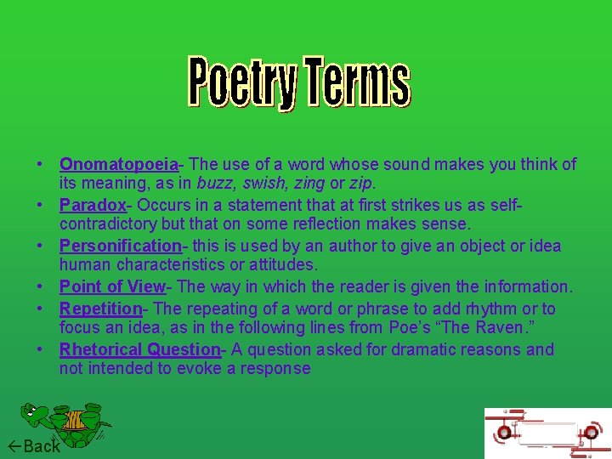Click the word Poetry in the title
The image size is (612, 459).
(243, 82)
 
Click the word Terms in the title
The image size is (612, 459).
(357, 82)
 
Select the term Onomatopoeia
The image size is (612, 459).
(118, 164)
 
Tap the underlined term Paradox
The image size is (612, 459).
(93, 205)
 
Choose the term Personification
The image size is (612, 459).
(120, 246)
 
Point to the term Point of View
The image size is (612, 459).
(112, 286)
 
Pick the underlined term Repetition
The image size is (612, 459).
(100, 309)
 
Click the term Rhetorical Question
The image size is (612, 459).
(139, 349)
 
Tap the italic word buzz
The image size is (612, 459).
(213, 183)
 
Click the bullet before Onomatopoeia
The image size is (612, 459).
(40, 164)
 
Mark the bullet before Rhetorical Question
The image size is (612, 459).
(40, 349)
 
